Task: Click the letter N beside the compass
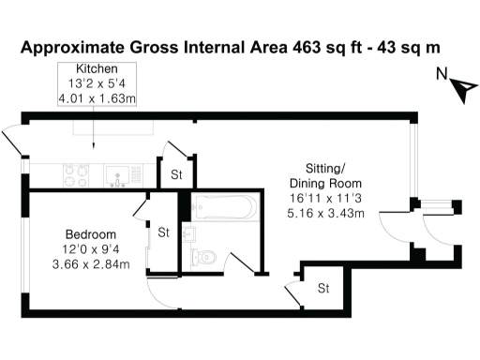pos(442,76)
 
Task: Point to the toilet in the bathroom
pos(205,255)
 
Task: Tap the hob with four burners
pos(75,173)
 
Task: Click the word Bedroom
pos(90,233)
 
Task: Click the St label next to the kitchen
pos(175,173)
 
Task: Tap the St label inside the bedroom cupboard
pos(162,232)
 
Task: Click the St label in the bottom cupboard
pos(323,288)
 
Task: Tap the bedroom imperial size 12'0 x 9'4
pos(90,248)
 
